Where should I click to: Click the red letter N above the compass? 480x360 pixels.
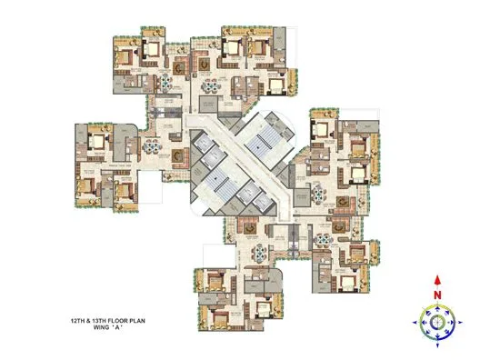point(437,294)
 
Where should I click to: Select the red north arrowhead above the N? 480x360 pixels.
point(437,281)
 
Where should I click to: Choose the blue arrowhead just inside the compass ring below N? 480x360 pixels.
point(437,307)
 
